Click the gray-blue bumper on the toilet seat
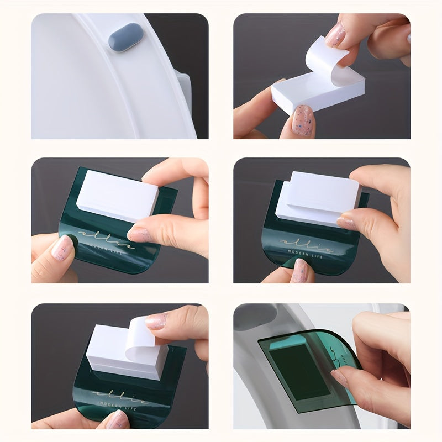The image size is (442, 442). click(x=126, y=41)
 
